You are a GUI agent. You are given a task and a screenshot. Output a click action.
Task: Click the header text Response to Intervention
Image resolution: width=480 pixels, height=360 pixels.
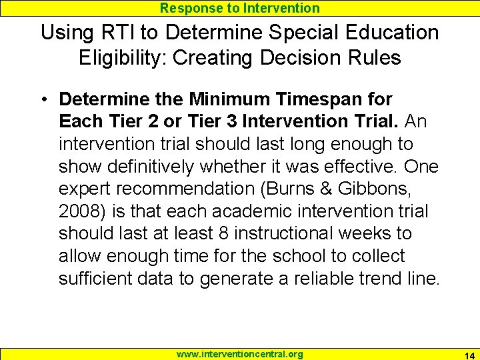(x=240, y=8)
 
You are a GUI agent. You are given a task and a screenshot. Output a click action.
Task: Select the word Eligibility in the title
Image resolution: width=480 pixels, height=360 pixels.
(x=122, y=58)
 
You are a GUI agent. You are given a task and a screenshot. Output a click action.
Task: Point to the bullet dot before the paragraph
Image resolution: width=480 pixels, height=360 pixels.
(x=42, y=99)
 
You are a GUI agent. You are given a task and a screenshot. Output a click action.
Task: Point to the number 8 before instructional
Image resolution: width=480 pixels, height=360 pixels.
(x=223, y=234)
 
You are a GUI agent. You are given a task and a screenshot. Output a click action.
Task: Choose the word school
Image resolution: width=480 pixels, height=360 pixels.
(x=289, y=256)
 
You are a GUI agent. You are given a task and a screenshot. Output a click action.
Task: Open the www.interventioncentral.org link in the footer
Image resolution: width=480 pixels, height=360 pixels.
(x=240, y=354)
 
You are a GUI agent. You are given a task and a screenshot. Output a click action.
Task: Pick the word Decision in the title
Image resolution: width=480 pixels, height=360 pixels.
(x=292, y=58)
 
